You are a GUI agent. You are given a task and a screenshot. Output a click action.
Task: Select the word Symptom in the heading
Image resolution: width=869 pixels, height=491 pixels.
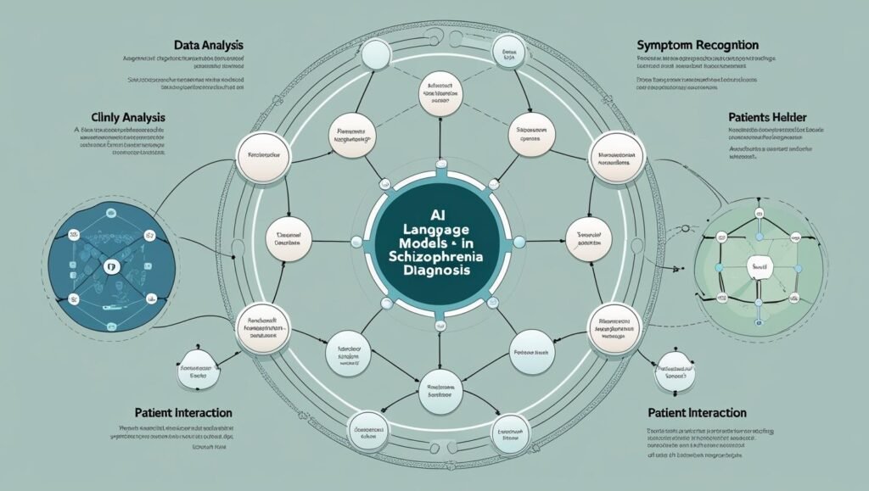664,43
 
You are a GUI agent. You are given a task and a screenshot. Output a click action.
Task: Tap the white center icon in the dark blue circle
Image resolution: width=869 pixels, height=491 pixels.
108,266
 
